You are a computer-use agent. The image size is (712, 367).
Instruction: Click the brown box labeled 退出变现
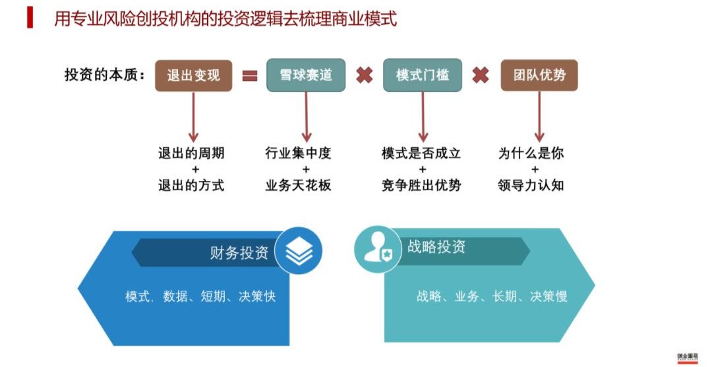click(x=193, y=75)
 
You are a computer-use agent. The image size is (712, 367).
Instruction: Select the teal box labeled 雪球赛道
click(x=306, y=75)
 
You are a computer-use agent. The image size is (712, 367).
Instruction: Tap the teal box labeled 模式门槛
click(x=423, y=75)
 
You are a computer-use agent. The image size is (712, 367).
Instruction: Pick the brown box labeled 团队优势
click(x=539, y=75)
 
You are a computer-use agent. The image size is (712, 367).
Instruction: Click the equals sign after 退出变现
click(x=249, y=76)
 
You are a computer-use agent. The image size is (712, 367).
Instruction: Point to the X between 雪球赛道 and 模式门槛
click(x=364, y=75)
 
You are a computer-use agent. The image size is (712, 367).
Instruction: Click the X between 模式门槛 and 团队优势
click(x=481, y=75)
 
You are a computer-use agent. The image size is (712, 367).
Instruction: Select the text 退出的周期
click(x=191, y=154)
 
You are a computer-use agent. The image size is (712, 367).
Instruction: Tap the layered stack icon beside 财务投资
click(x=298, y=251)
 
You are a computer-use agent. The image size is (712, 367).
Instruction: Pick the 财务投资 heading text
click(x=239, y=253)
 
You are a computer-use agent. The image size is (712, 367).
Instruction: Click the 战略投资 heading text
click(x=436, y=247)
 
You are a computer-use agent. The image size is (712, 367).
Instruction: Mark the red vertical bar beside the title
click(x=30, y=17)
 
